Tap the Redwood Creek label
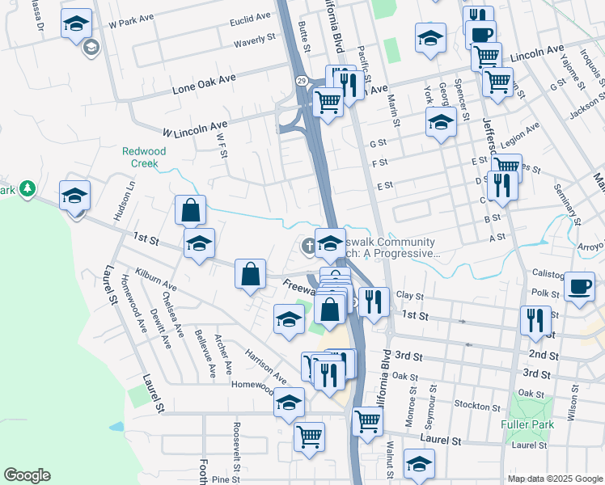144,157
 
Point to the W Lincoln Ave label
195,127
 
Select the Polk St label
545,294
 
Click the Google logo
27,474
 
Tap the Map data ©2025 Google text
554,479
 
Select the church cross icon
308,246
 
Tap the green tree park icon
28,188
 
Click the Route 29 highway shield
299,81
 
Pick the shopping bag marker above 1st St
190,211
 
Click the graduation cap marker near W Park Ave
76,24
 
